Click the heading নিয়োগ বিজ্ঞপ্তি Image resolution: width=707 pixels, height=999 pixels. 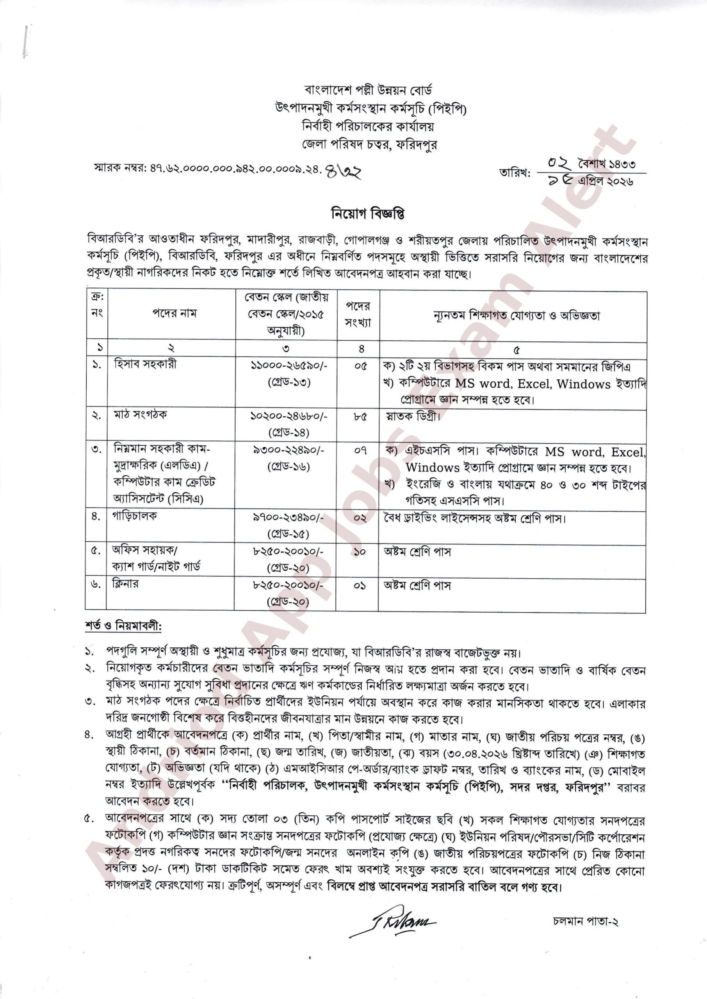tap(368, 214)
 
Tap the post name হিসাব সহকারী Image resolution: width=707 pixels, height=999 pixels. tap(145, 364)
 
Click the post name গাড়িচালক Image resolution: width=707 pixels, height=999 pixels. tap(135, 516)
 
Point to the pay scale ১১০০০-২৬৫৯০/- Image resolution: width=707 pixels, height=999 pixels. tap(288, 366)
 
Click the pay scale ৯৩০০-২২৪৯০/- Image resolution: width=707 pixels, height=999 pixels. tap(288, 450)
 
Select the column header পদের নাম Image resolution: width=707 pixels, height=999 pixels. tap(174, 313)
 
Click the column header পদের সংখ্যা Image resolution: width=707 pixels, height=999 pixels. tap(358, 314)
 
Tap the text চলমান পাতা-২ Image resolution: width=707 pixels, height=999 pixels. tap(586, 922)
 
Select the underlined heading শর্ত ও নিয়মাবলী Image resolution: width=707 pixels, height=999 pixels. tap(123, 626)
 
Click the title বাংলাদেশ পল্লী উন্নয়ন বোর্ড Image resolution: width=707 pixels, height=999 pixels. tap(368, 91)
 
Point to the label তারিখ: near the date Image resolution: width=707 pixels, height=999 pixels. tap(515, 173)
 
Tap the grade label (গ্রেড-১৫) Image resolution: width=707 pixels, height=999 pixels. tap(288, 534)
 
